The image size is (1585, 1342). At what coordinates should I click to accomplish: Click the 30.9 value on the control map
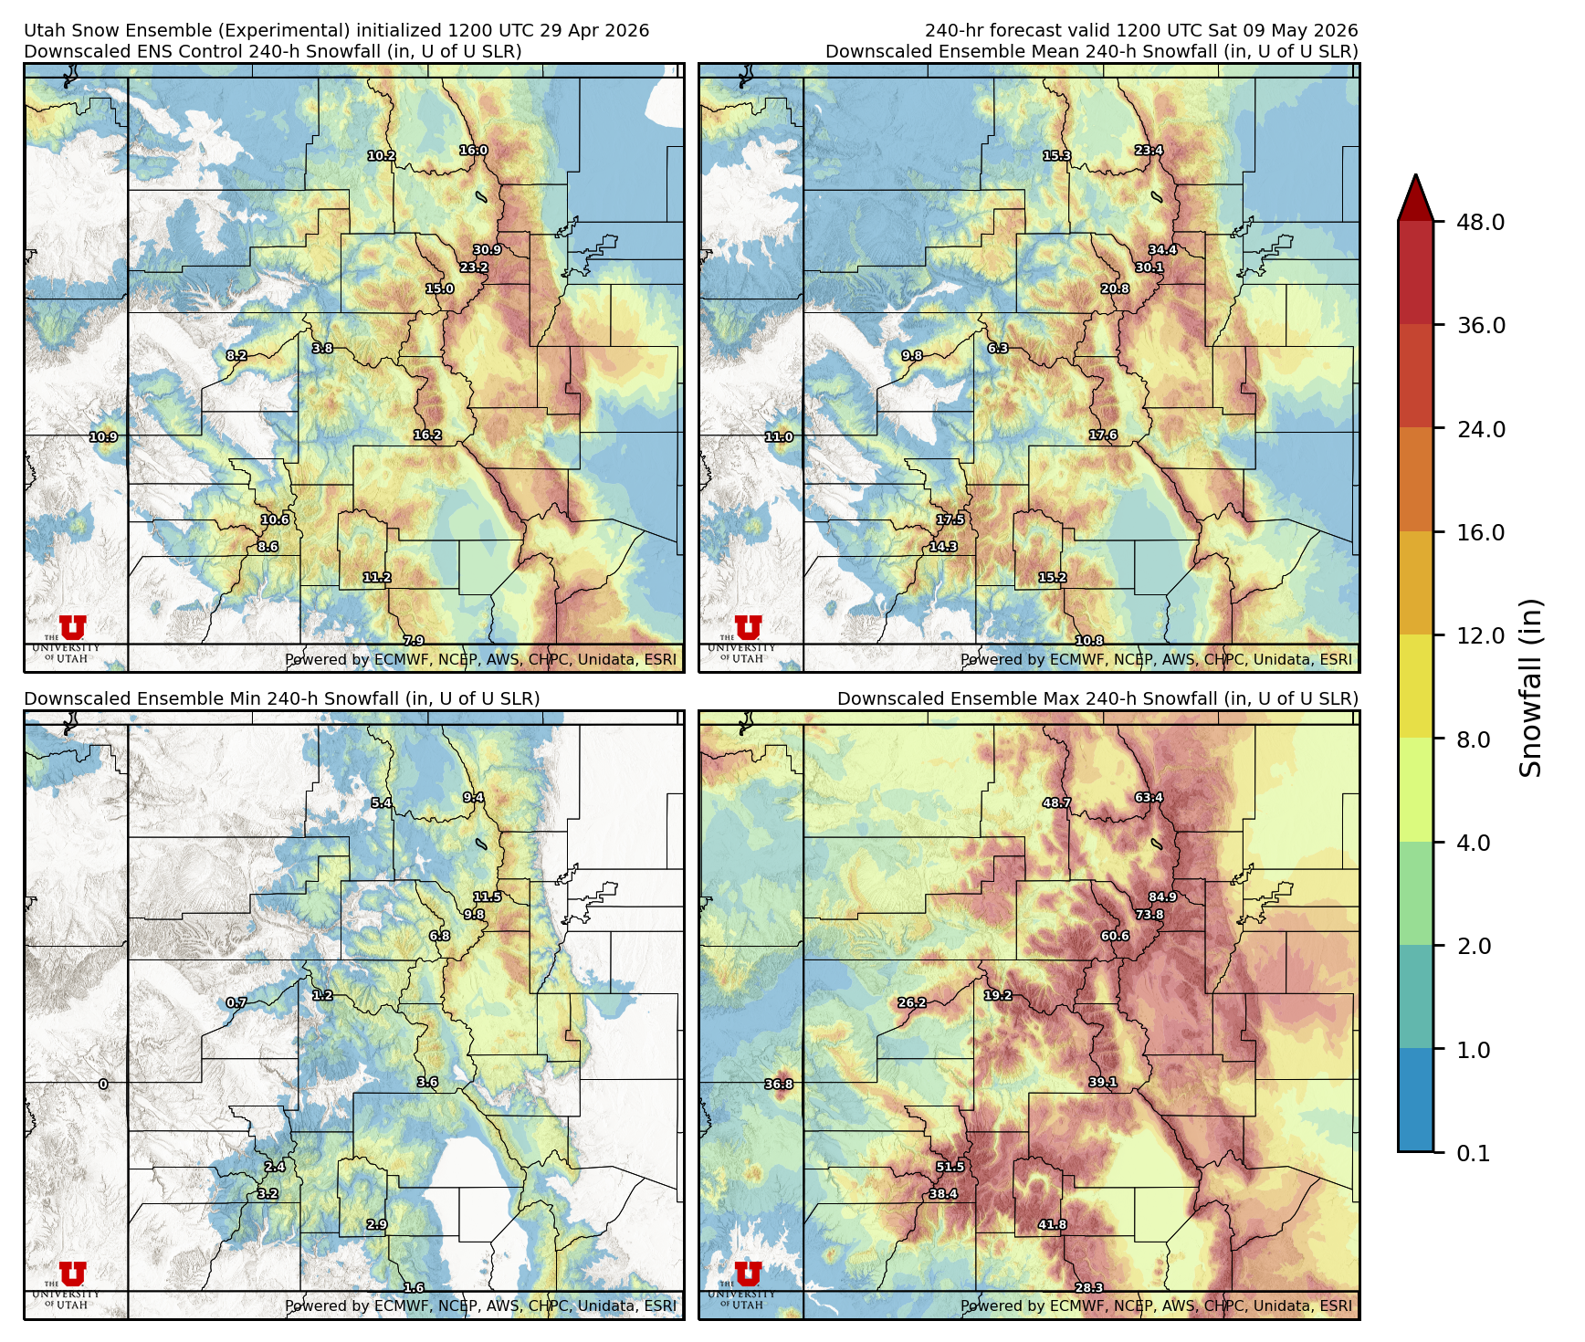487,250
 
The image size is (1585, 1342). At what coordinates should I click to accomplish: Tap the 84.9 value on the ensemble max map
1162,897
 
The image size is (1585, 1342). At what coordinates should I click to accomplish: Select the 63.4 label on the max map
1149,798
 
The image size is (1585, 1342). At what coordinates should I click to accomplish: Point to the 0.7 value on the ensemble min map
236,1002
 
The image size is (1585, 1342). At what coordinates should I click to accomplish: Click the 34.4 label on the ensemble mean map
1162,250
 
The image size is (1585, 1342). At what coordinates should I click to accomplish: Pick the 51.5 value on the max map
950,1167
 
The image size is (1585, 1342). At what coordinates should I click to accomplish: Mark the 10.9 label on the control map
103,437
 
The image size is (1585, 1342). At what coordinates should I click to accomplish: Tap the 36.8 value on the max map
779,1085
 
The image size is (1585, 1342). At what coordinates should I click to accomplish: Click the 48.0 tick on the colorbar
1480,222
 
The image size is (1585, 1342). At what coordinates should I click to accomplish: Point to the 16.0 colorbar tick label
1480,532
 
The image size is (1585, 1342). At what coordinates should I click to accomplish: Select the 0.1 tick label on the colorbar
1473,1153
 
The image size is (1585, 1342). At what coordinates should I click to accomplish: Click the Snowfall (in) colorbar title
1530,687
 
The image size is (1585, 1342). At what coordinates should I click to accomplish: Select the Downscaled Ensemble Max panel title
1097,698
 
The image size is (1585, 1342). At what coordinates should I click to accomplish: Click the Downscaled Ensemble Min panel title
281,698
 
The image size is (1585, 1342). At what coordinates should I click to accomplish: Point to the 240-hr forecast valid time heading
1140,30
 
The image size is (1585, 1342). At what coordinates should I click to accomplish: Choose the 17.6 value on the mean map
1103,435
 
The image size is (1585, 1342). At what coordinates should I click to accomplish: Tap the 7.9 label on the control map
414,641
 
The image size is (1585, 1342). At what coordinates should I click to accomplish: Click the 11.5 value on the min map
487,897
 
